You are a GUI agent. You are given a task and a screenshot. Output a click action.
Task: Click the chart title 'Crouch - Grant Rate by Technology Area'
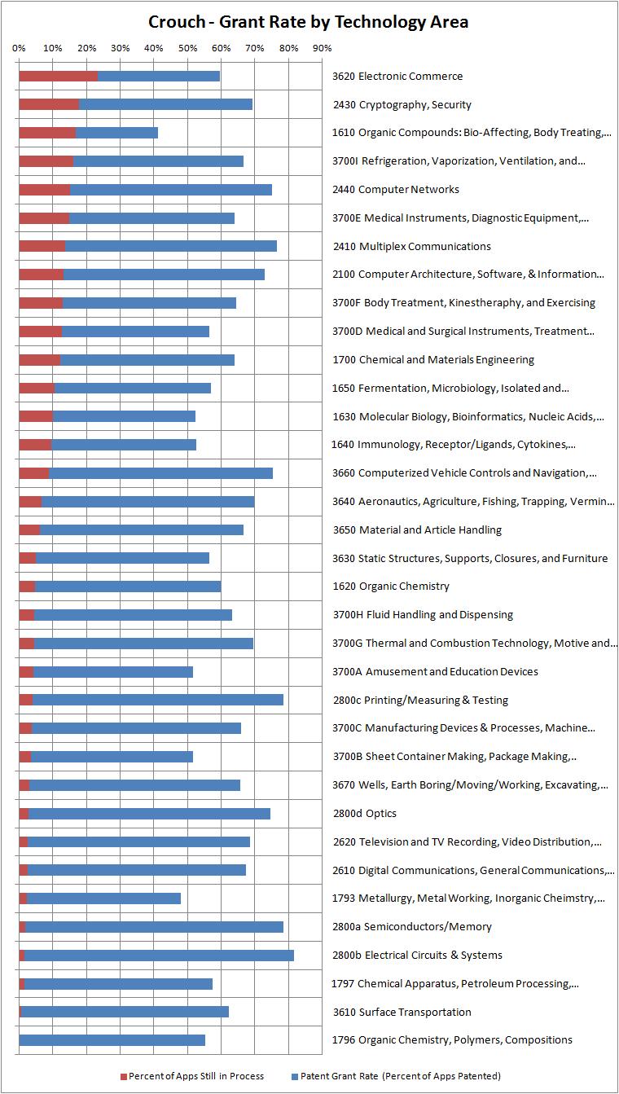click(x=309, y=22)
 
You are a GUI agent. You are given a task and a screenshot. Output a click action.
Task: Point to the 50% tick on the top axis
click(x=188, y=48)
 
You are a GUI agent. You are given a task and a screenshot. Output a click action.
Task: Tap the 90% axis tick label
click(x=323, y=48)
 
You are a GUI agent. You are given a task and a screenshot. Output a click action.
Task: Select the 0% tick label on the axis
click(x=19, y=48)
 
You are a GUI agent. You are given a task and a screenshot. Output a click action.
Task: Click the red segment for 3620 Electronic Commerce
click(x=58, y=77)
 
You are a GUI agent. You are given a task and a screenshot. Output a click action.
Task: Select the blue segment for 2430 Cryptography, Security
click(x=165, y=104)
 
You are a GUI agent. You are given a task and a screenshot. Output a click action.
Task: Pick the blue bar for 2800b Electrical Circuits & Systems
click(x=159, y=956)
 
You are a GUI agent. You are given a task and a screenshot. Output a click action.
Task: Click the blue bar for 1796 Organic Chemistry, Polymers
click(x=112, y=1040)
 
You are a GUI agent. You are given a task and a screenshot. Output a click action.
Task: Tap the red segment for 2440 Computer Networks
click(x=44, y=190)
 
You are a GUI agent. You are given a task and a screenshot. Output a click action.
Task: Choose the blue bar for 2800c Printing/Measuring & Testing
click(x=157, y=700)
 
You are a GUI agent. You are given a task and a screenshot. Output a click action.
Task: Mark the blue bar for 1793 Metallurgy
click(x=103, y=898)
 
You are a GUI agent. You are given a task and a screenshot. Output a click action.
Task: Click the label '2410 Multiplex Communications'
click(x=412, y=246)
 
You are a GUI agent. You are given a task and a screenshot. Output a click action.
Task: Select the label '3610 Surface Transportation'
click(x=402, y=1012)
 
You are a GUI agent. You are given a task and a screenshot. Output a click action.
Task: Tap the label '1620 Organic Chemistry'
click(x=391, y=587)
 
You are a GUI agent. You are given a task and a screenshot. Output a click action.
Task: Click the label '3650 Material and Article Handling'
click(x=417, y=529)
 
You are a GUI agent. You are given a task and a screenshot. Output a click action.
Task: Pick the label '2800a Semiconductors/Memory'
click(x=412, y=927)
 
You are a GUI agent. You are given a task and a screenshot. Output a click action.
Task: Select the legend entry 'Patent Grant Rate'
click(x=400, y=1076)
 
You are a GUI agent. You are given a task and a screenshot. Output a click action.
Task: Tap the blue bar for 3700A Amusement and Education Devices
click(x=112, y=672)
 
